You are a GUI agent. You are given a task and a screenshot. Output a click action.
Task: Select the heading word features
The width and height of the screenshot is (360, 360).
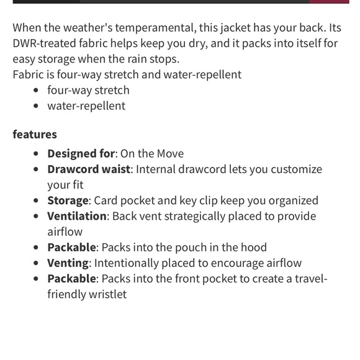[35, 134]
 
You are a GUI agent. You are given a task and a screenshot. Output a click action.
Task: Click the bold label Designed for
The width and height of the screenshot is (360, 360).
[81, 153]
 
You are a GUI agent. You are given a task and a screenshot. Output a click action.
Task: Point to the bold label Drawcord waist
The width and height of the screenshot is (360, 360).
[89, 169]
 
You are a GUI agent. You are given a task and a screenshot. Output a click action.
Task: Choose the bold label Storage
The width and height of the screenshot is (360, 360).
[68, 200]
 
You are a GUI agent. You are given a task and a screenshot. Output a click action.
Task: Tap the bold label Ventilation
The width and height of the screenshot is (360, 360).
[77, 216]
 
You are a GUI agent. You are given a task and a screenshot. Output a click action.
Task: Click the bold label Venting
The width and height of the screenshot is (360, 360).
[68, 263]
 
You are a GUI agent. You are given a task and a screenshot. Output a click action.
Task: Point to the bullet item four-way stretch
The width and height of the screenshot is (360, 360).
[88, 90]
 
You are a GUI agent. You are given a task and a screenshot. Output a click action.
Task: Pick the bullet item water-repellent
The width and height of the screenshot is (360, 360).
[86, 106]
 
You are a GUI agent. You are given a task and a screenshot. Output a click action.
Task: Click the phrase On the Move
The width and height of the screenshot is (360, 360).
[152, 153]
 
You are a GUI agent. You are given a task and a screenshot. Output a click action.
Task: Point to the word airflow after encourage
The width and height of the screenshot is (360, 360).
[279, 263]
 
